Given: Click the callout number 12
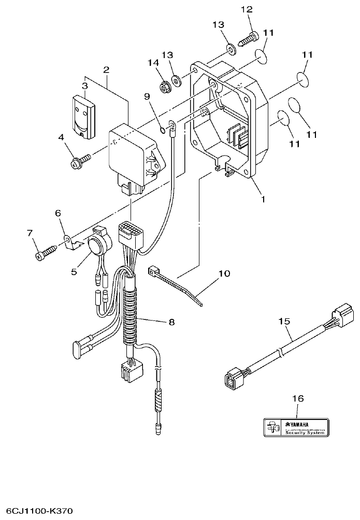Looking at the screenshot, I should (x=247, y=9).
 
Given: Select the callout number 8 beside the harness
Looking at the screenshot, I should (x=171, y=322).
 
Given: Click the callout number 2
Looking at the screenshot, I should (x=106, y=69).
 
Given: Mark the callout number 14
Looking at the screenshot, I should (x=152, y=63).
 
